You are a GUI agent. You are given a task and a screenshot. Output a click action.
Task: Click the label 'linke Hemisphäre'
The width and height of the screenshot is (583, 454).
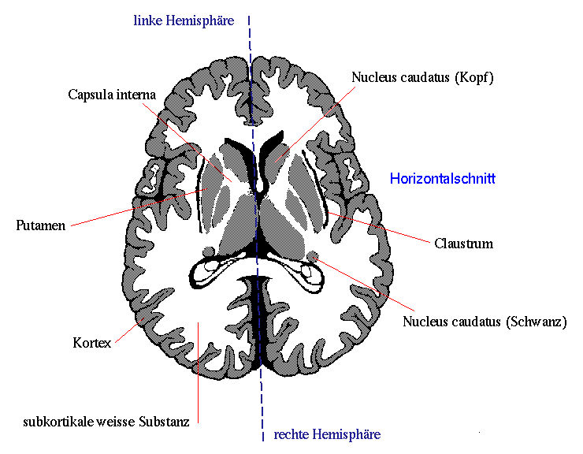184,20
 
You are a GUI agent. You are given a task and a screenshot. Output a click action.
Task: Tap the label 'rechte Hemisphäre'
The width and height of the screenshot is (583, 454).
327,434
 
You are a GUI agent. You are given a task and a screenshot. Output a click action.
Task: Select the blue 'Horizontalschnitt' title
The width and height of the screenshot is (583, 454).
443,179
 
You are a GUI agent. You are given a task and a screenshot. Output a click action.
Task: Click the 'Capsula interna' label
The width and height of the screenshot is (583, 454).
112,95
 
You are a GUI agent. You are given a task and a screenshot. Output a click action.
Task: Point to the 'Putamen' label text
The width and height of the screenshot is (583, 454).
40,225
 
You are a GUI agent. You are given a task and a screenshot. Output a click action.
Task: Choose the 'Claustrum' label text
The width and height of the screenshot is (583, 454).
464,244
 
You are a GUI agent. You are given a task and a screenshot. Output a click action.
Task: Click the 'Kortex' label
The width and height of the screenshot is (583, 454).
92,343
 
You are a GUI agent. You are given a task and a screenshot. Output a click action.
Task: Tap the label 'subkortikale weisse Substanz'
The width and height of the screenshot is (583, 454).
106,422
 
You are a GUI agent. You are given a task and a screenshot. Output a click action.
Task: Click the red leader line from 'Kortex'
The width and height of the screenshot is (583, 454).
130,330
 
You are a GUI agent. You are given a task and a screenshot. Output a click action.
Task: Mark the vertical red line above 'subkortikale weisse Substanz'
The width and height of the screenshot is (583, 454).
199,373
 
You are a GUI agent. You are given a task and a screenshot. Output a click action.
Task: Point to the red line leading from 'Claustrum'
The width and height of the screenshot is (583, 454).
379,227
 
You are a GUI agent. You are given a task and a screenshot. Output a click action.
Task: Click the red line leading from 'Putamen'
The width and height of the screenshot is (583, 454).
139,207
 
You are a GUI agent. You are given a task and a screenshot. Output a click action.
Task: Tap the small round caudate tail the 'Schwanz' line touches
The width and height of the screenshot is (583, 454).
313,255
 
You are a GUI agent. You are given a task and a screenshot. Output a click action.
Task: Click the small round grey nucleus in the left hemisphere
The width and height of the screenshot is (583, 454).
209,252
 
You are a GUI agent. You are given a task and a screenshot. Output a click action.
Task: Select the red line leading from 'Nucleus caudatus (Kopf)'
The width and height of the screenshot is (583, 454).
316,124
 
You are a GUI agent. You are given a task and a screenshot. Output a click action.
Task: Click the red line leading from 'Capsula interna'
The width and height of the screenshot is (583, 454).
187,143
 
